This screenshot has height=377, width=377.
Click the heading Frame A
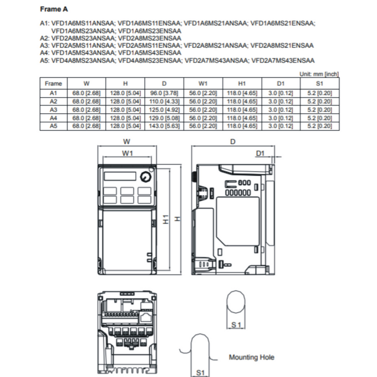(53, 8)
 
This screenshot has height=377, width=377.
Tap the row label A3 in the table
(53, 109)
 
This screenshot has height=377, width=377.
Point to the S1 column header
(319, 83)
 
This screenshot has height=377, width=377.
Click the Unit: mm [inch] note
(319, 74)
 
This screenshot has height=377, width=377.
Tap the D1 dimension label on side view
(260, 153)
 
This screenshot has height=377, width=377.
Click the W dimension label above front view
(126, 141)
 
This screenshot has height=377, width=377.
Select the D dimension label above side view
(233, 141)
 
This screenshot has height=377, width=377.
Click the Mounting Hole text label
(251, 357)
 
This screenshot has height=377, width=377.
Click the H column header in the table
(125, 83)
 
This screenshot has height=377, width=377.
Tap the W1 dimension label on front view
(126, 153)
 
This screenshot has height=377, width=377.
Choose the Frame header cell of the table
(53, 83)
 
